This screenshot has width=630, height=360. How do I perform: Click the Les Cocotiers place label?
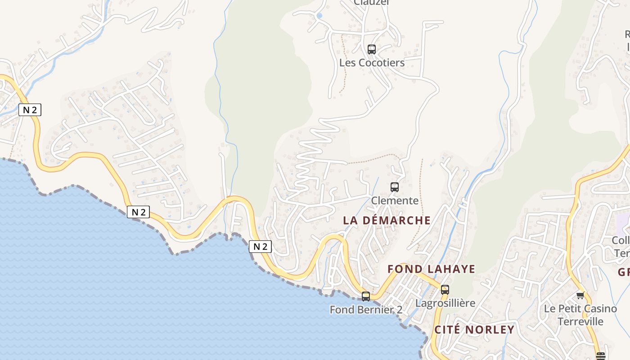pos(372,63)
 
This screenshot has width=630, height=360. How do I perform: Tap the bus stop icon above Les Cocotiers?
pos(371,49)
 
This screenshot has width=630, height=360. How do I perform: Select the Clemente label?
pos(394,201)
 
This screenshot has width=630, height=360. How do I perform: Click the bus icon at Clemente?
pos(395,187)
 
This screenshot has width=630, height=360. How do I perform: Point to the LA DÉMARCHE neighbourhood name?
pos(387,220)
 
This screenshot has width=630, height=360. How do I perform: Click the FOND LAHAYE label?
pos(431,269)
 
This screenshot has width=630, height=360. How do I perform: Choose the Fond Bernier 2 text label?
pos(366,310)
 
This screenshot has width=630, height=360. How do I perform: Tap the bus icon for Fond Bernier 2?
pos(366,296)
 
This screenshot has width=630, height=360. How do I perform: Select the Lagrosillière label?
pos(445,303)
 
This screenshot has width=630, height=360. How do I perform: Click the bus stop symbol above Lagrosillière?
pos(445,290)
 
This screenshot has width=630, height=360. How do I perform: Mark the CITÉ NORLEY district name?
pos(474,329)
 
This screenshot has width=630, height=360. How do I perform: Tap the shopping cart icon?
pos(580,296)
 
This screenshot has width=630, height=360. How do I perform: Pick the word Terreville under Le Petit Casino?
pos(580,321)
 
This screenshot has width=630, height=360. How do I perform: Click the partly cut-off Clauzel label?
pos(371,3)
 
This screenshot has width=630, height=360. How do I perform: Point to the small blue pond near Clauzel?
pos(319,16)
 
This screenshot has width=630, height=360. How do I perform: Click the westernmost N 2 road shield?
pos(30,110)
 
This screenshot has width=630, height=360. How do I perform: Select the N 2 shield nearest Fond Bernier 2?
pos(260,247)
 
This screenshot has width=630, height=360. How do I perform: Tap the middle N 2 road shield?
pos(138,212)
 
